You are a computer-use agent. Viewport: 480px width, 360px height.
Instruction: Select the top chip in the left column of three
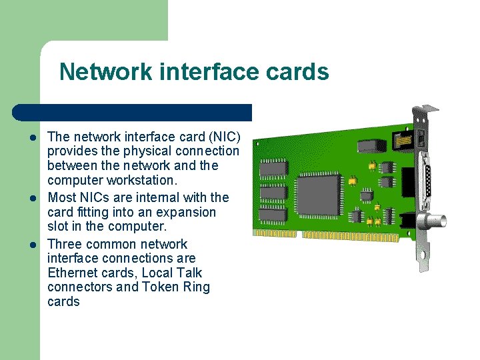tap(274, 167)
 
